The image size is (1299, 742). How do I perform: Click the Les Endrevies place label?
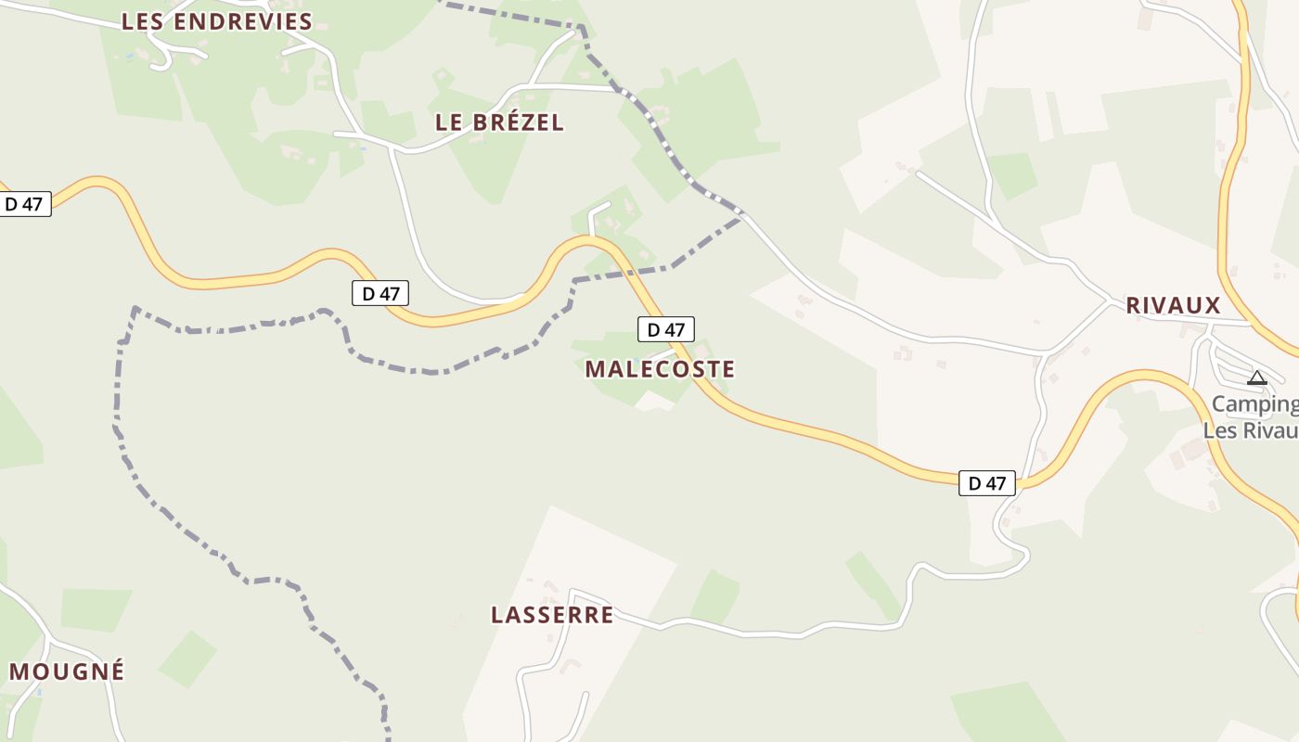coord(217,22)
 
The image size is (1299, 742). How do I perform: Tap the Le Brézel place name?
coord(499,122)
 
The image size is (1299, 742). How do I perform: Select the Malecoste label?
coord(660,369)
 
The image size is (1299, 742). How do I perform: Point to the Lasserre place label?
coord(552,615)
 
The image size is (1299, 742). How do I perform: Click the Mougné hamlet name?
coord(67,672)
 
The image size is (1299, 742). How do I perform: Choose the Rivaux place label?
coord(1173,306)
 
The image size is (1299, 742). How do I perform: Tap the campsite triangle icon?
coord(1257,377)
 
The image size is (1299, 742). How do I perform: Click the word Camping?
coord(1254,404)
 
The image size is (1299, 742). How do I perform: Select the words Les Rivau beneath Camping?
coord(1250,431)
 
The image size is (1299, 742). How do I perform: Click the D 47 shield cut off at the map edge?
coord(24,204)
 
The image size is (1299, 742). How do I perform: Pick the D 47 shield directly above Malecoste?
coord(665,329)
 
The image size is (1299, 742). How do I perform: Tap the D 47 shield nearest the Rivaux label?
coord(987,482)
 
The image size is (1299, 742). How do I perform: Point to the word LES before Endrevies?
coord(143,22)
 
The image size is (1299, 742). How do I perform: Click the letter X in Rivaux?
coord(1212,306)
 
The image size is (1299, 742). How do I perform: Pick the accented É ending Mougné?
coord(116,671)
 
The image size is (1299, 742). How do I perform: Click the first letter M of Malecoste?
coord(595,369)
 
